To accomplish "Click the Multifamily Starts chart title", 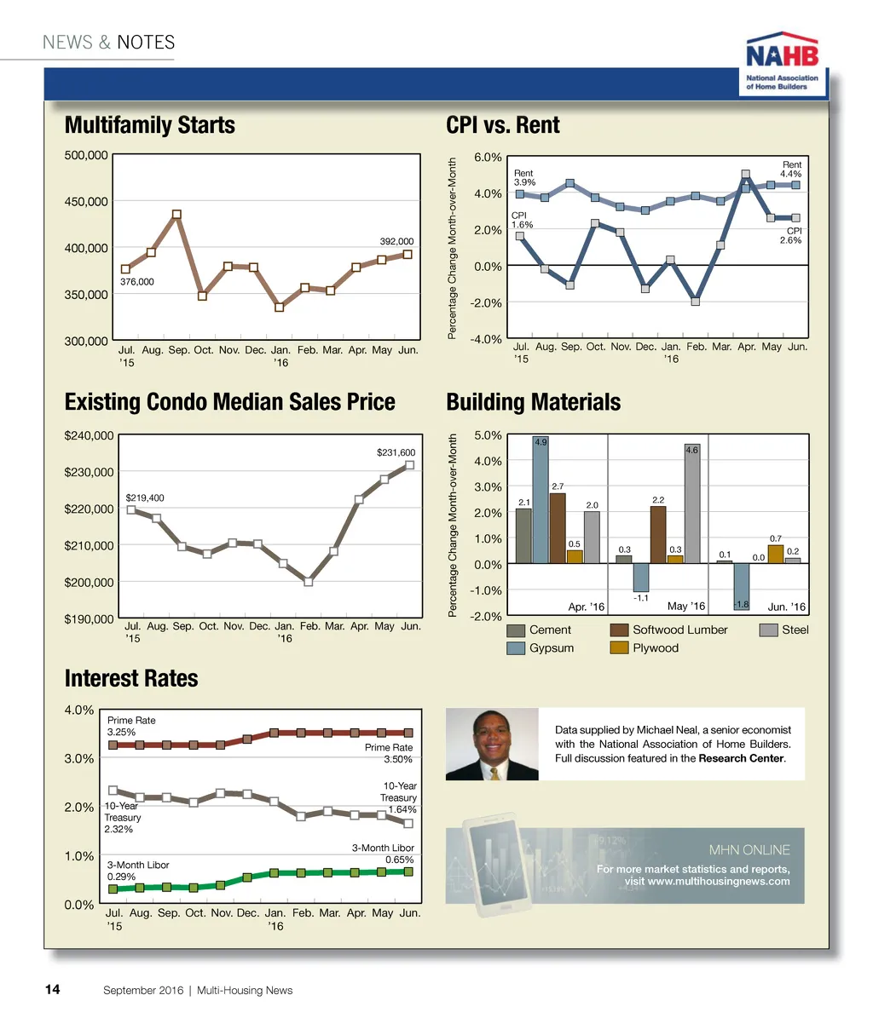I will tap(150, 125).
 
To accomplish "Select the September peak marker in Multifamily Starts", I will tap(176, 215).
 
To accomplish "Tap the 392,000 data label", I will tap(396, 242).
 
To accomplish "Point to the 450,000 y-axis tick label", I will tap(86, 202).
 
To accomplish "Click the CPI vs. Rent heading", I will tap(503, 125).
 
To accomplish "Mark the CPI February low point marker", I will tap(696, 301).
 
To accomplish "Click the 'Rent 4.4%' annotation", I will tap(791, 170).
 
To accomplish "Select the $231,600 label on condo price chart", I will tap(396, 453).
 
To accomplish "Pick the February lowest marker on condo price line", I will tap(309, 582).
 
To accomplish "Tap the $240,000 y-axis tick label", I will tap(89, 435).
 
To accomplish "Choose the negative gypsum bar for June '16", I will tap(741, 586).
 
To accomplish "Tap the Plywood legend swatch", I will tap(620, 648).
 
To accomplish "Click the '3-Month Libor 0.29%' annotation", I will tap(137, 871).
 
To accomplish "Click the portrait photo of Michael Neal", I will tap(492, 744).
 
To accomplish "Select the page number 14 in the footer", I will tap(52, 990).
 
